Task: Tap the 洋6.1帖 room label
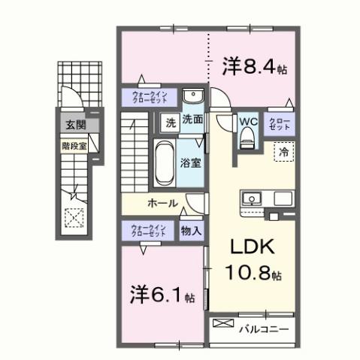click(159, 293)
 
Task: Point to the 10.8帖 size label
click(252, 275)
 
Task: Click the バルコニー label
click(262, 328)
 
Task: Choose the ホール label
click(162, 203)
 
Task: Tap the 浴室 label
click(189, 161)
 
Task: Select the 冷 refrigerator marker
click(284, 150)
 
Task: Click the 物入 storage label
click(191, 231)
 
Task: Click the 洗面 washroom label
click(192, 119)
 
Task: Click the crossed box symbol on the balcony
click(224, 325)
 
